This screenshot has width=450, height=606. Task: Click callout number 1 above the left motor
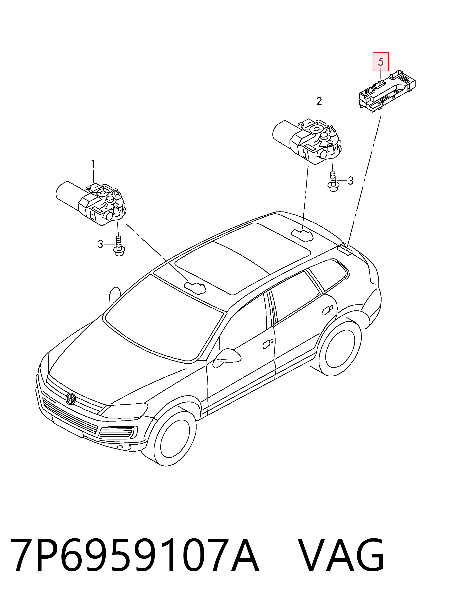click(x=93, y=165)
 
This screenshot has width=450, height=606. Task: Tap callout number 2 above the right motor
click(x=319, y=102)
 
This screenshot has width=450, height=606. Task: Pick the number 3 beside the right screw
click(x=350, y=181)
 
